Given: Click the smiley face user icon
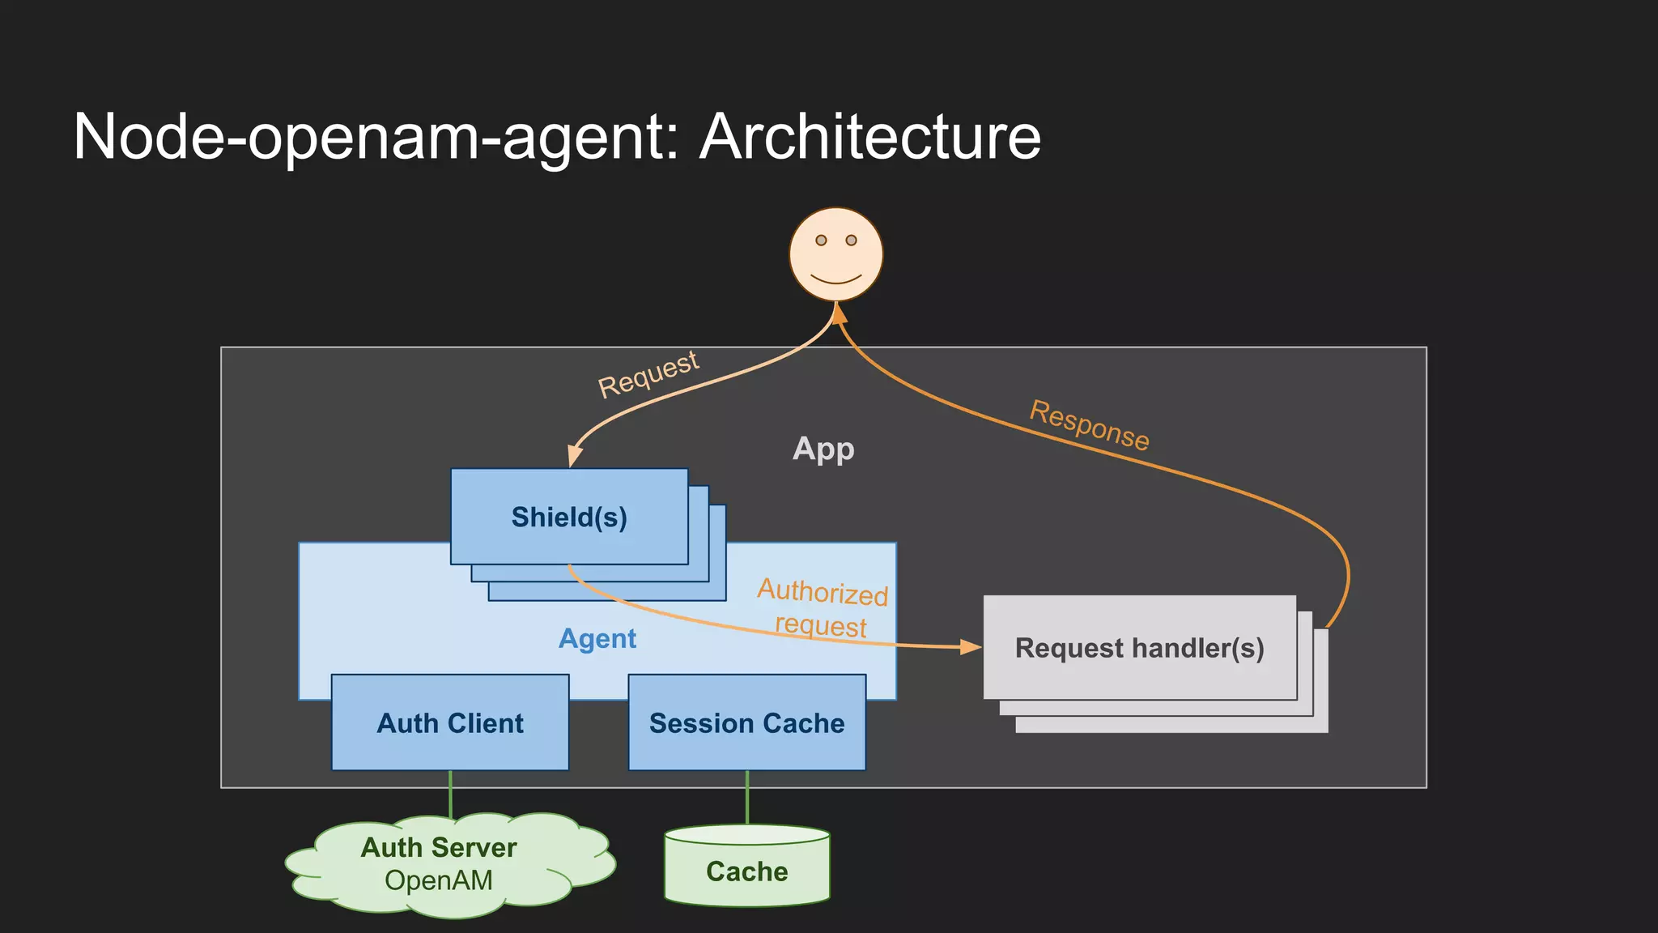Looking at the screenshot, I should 835,254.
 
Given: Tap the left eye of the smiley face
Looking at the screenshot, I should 821,241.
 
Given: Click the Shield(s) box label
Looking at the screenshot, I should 569,517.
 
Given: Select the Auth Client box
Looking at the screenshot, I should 450,722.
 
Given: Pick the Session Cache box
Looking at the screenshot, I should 746,722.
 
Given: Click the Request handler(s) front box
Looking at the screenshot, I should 1139,648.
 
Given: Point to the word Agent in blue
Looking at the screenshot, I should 597,639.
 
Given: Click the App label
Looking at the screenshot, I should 823,449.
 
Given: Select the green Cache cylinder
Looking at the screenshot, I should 746,871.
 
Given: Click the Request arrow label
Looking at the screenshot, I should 648,374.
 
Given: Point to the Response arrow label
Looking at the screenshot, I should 1089,425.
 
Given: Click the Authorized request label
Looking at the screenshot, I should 822,608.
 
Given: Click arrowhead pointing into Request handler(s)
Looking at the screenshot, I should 971,647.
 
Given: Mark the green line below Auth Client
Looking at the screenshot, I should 450,795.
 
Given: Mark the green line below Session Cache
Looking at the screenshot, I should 746,797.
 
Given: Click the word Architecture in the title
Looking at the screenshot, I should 870,137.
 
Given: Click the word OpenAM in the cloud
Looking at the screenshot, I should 439,880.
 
